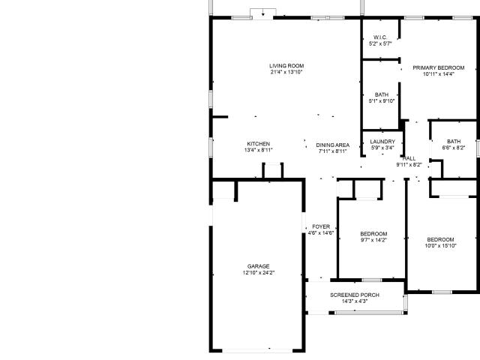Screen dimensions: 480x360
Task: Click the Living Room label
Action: pos(286,66)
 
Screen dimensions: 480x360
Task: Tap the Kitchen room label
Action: pos(258,144)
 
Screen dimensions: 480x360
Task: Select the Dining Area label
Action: pos(332,145)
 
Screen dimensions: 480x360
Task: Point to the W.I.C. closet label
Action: pos(380,37)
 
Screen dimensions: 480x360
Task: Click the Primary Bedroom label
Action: pos(438,68)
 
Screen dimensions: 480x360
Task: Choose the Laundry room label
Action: pos(382,142)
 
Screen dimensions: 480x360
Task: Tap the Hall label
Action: pos(409,158)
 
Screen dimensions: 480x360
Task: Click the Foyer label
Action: pos(321,226)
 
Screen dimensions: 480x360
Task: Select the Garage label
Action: pos(258,266)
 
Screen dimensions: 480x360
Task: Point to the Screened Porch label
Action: pos(355,295)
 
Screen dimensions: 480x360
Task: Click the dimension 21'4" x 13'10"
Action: pos(286,72)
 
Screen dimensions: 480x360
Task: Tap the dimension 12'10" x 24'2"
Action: pos(258,273)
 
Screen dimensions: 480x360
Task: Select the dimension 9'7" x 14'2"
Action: pos(373,240)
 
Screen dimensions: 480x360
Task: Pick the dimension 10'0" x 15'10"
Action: pos(440,246)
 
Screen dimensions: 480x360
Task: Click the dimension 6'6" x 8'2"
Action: pos(454,148)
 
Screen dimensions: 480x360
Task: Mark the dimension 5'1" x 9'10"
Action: pos(382,101)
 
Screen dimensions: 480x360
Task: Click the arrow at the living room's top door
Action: pos(262,14)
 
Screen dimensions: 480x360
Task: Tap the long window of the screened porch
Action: pos(370,313)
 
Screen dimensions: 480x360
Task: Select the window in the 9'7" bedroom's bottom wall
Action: pos(372,280)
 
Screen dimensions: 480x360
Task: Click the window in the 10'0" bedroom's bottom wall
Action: pos(442,292)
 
